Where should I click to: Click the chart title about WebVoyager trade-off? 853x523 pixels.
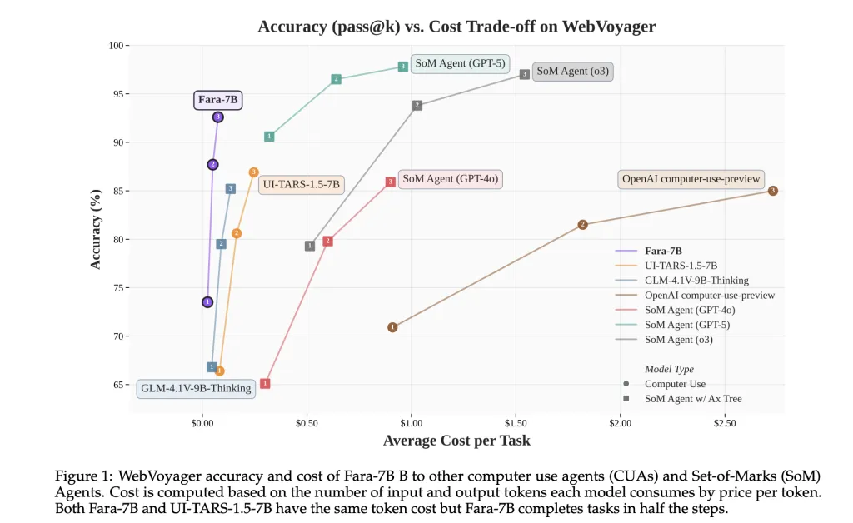[456, 26]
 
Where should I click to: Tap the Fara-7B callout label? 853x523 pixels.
[218, 100]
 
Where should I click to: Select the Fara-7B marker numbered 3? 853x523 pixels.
[218, 117]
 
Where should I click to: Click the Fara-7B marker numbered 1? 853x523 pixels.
[207, 302]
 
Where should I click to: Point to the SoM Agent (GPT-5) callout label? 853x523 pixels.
[460, 63]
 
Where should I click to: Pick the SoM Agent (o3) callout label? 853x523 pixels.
[573, 72]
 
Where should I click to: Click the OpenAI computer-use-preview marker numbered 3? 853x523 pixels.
[773, 191]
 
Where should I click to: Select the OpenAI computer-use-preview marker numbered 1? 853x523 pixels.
[392, 327]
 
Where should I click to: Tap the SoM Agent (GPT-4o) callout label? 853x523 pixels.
[451, 178]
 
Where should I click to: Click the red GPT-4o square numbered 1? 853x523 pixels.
[265, 384]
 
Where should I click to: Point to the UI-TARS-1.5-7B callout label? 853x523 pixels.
[301, 185]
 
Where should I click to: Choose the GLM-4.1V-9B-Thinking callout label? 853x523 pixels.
[196, 388]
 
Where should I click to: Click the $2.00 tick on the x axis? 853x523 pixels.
[620, 424]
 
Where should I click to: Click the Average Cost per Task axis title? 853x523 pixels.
[456, 441]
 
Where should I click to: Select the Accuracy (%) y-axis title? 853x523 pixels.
[96, 229]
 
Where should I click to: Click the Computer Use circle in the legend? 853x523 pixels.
[625, 384]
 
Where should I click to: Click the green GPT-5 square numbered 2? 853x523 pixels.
[336, 79]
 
